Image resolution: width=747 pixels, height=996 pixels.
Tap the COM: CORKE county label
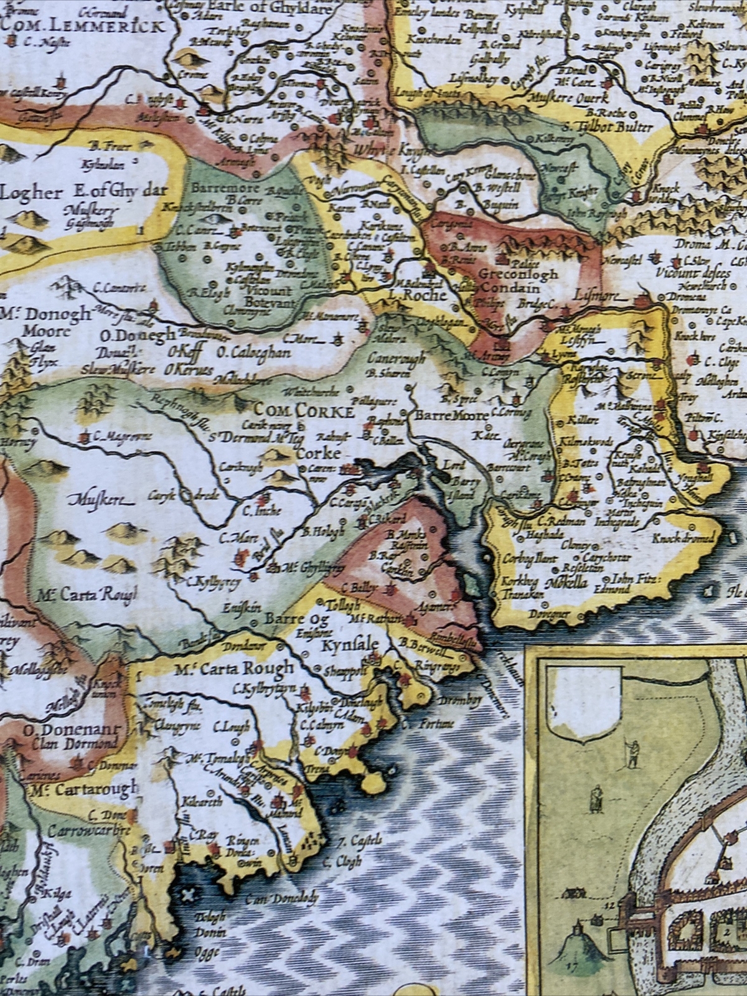click(x=304, y=411)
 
